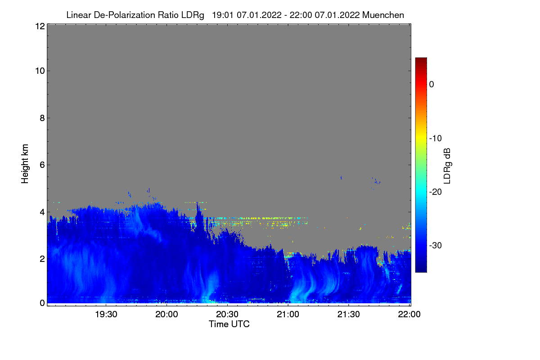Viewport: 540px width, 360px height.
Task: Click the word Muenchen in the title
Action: pyautogui.click(x=383, y=15)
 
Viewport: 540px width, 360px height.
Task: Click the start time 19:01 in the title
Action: pyautogui.click(x=221, y=15)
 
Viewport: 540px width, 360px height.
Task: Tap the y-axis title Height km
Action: pyautogui.click(x=25, y=164)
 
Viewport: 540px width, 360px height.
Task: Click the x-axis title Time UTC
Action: pyautogui.click(x=229, y=324)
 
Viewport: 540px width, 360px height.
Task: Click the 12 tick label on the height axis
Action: pyautogui.click(x=39, y=26)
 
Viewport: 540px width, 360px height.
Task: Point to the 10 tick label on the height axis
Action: pyautogui.click(x=39, y=71)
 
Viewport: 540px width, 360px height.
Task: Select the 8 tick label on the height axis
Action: pyautogui.click(x=41, y=118)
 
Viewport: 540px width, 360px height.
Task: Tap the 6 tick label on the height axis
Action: pyautogui.click(x=41, y=165)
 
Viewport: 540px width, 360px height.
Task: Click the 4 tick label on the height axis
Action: pyautogui.click(x=41, y=211)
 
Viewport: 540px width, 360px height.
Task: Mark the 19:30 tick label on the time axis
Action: pyautogui.click(x=106, y=314)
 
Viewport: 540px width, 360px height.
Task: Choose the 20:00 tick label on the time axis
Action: pyautogui.click(x=166, y=314)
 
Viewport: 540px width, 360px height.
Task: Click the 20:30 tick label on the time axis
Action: pyautogui.click(x=227, y=314)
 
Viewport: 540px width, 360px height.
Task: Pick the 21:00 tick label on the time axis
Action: pyautogui.click(x=288, y=314)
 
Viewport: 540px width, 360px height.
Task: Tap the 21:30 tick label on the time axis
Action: pyautogui.click(x=349, y=314)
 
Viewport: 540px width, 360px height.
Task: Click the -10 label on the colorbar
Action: pyautogui.click(x=437, y=138)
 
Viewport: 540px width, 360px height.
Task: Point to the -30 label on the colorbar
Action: pyautogui.click(x=437, y=246)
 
